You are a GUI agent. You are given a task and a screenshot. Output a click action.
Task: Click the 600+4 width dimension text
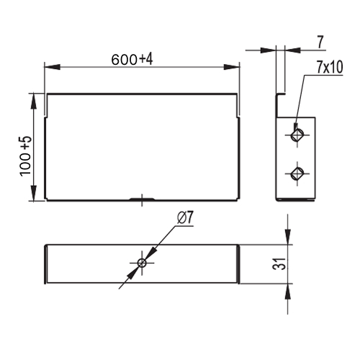coord(132,60)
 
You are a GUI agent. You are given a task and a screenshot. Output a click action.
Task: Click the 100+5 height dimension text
coord(25,156)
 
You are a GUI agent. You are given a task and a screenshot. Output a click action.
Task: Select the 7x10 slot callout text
coord(330,67)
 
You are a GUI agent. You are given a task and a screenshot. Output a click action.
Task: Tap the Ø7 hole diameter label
coord(185,218)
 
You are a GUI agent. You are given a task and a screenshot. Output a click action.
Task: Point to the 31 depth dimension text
coord(279,264)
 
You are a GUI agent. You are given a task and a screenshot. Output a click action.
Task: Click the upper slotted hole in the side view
coord(297,135)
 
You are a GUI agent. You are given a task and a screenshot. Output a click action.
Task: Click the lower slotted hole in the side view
coord(297,174)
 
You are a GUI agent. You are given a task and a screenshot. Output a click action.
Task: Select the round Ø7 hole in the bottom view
coord(142,263)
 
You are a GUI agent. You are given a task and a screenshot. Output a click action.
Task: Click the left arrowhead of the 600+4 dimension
coord(52,67)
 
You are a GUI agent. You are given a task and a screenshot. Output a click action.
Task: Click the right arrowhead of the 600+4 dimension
coord(232,67)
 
